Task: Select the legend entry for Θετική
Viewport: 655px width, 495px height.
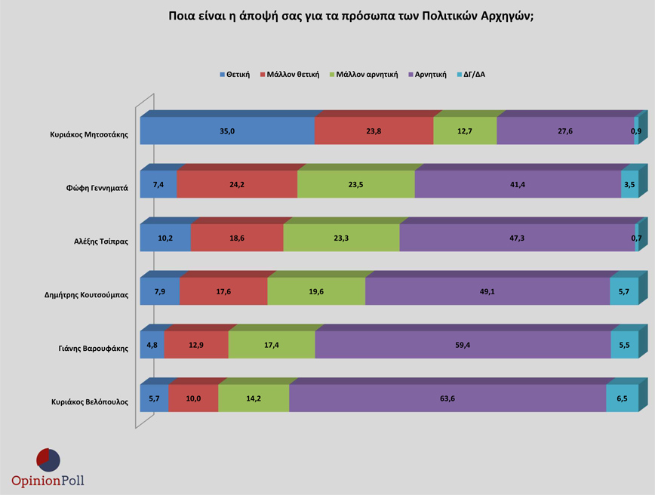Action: pyautogui.click(x=235, y=75)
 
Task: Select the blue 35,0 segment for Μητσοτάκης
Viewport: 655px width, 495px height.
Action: pyautogui.click(x=227, y=131)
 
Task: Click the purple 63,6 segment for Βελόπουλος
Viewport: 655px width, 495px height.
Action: pyautogui.click(x=447, y=398)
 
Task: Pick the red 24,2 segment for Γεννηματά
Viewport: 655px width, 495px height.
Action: pyautogui.click(x=237, y=184)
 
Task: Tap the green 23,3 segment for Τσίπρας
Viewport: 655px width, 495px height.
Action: pyautogui.click(x=341, y=238)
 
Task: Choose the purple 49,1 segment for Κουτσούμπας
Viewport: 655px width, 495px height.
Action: pyautogui.click(x=487, y=291)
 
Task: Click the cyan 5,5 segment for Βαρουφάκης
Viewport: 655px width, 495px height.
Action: pyautogui.click(x=624, y=345)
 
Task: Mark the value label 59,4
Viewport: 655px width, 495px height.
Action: pyautogui.click(x=462, y=345)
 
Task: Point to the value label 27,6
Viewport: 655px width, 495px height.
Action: pyautogui.click(x=565, y=131)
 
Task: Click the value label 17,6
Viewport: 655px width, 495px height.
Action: pyautogui.click(x=223, y=291)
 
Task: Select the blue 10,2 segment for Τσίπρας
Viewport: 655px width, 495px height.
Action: pyautogui.click(x=165, y=238)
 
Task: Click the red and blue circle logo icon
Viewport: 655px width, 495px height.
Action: pyautogui.click(x=48, y=460)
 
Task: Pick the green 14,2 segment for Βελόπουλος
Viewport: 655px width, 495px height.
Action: pyautogui.click(x=254, y=398)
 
